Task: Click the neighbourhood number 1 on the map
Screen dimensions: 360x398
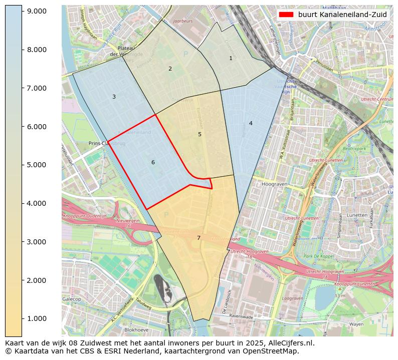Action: [x=231, y=58]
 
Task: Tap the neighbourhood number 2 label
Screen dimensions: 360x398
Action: [x=170, y=69]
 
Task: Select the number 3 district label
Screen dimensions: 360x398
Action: [x=114, y=97]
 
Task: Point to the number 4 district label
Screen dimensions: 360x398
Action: [x=251, y=123]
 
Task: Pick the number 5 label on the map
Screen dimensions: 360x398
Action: [x=200, y=134]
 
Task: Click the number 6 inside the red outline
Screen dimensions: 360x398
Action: [x=153, y=162]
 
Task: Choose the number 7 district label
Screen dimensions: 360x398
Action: [x=198, y=238]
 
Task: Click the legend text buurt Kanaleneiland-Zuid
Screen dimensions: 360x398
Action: [x=342, y=15]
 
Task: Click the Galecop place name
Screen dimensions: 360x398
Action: [x=72, y=299]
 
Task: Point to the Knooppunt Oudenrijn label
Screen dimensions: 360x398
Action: [x=85, y=216]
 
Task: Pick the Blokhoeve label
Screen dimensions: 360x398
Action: [x=136, y=330]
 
